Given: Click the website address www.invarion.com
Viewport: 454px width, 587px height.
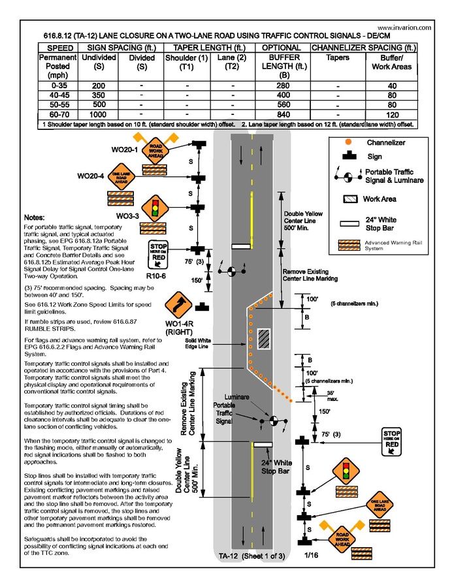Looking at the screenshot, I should (403, 28).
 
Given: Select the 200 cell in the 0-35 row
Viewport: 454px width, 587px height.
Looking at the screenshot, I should (99, 86).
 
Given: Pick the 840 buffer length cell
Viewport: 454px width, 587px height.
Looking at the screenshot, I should (281, 114).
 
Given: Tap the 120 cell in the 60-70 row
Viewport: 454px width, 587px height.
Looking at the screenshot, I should (391, 114).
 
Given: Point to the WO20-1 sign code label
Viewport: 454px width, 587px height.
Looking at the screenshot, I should (123, 150).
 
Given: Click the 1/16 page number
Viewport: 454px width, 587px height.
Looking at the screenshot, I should (306, 555).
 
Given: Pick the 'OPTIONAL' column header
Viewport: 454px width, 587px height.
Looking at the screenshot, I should (281, 48).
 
